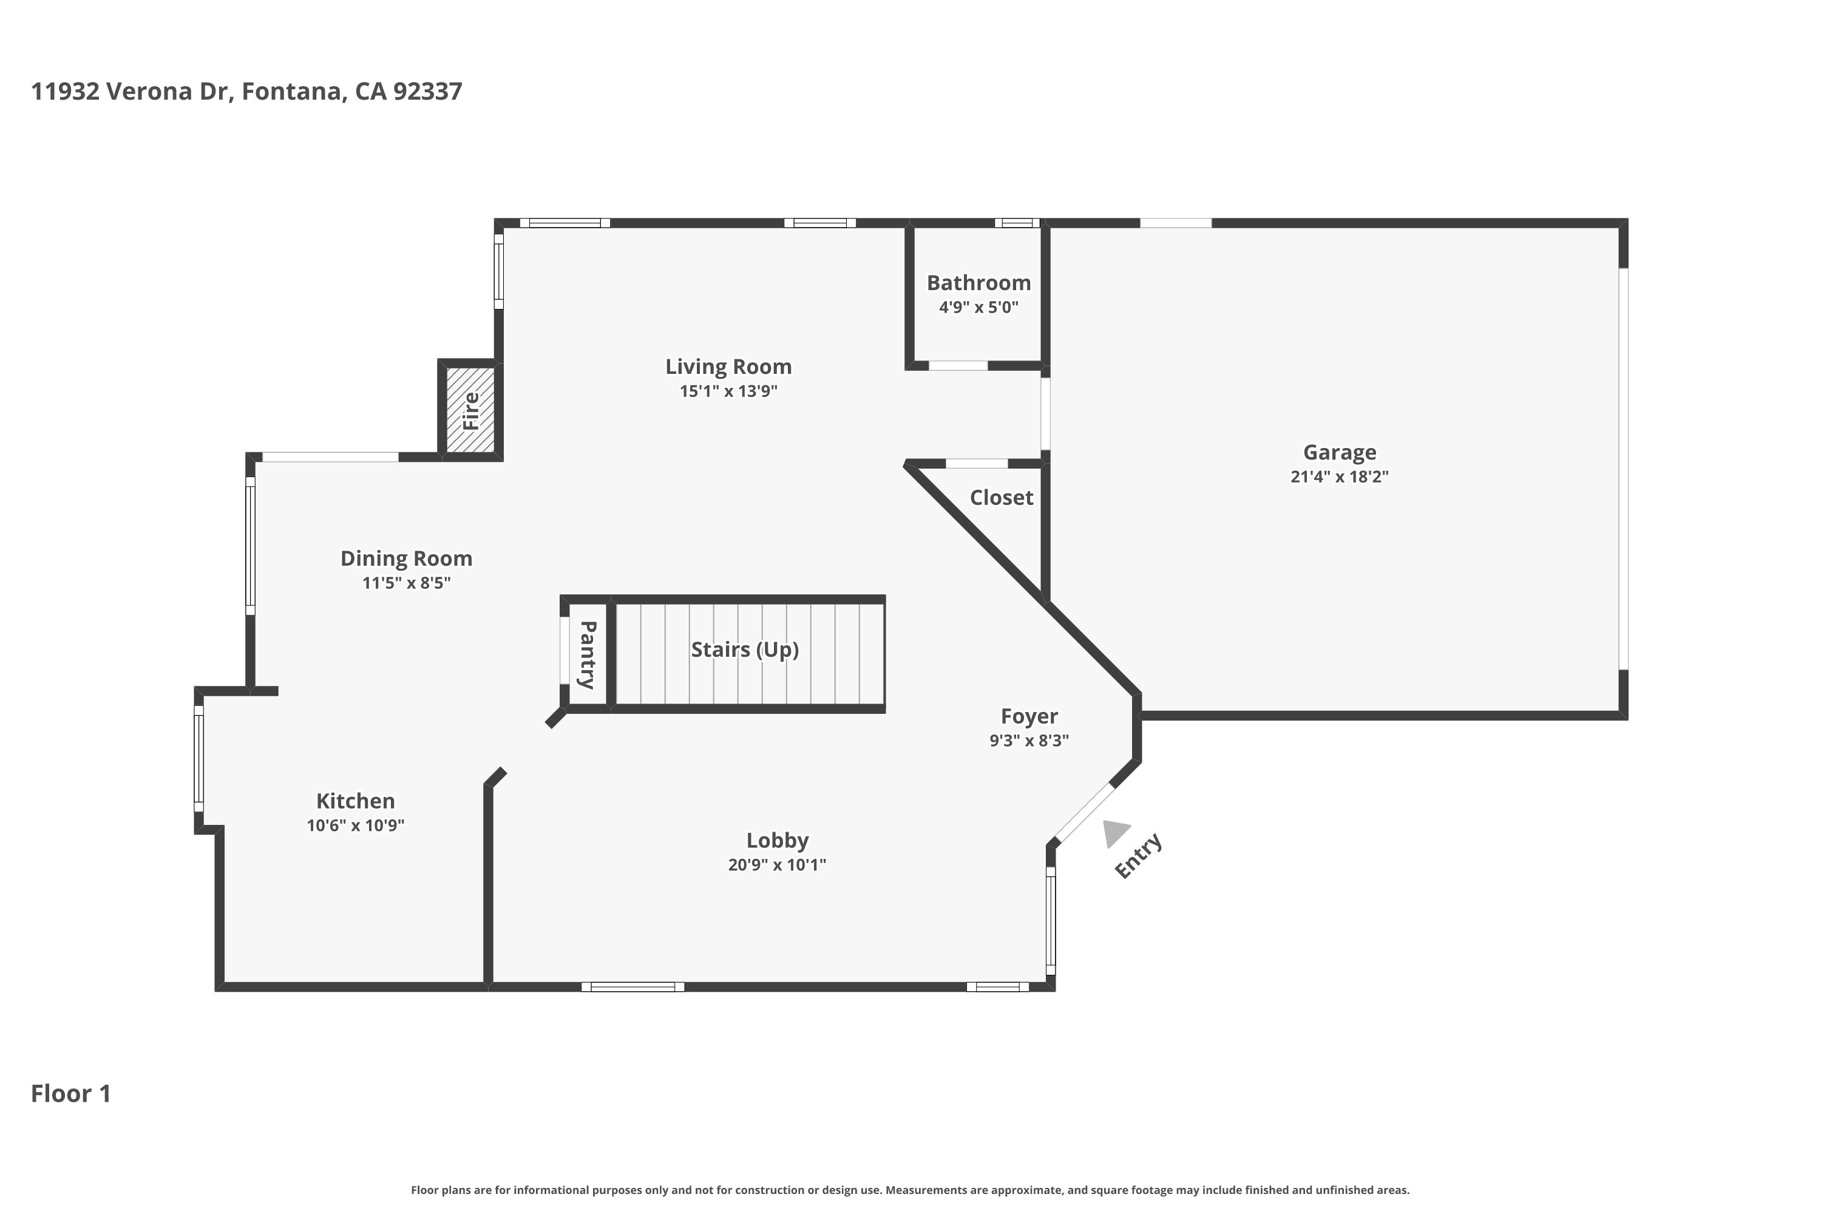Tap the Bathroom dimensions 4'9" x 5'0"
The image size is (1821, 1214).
pyautogui.click(x=978, y=307)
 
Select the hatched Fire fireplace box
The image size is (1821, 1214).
pyautogui.click(x=470, y=410)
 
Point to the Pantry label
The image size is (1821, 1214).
pyautogui.click(x=587, y=654)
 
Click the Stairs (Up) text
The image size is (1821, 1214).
pyautogui.click(x=744, y=649)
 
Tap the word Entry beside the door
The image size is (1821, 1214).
pyautogui.click(x=1138, y=855)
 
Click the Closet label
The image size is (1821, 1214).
pyautogui.click(x=1001, y=498)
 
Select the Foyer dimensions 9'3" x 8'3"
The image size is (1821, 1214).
pyautogui.click(x=1028, y=740)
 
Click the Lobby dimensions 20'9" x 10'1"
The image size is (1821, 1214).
pyautogui.click(x=776, y=865)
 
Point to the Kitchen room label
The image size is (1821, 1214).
pyautogui.click(x=355, y=801)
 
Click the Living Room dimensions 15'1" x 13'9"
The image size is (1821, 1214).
pyautogui.click(x=728, y=391)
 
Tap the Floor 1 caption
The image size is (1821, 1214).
pyautogui.click(x=70, y=1093)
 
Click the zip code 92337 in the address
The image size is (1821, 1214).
pyautogui.click(x=427, y=92)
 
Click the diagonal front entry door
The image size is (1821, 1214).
pyautogui.click(x=1085, y=813)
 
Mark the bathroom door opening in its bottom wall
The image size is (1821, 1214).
pyautogui.click(x=958, y=365)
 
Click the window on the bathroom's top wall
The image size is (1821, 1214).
pyautogui.click(x=1017, y=223)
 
